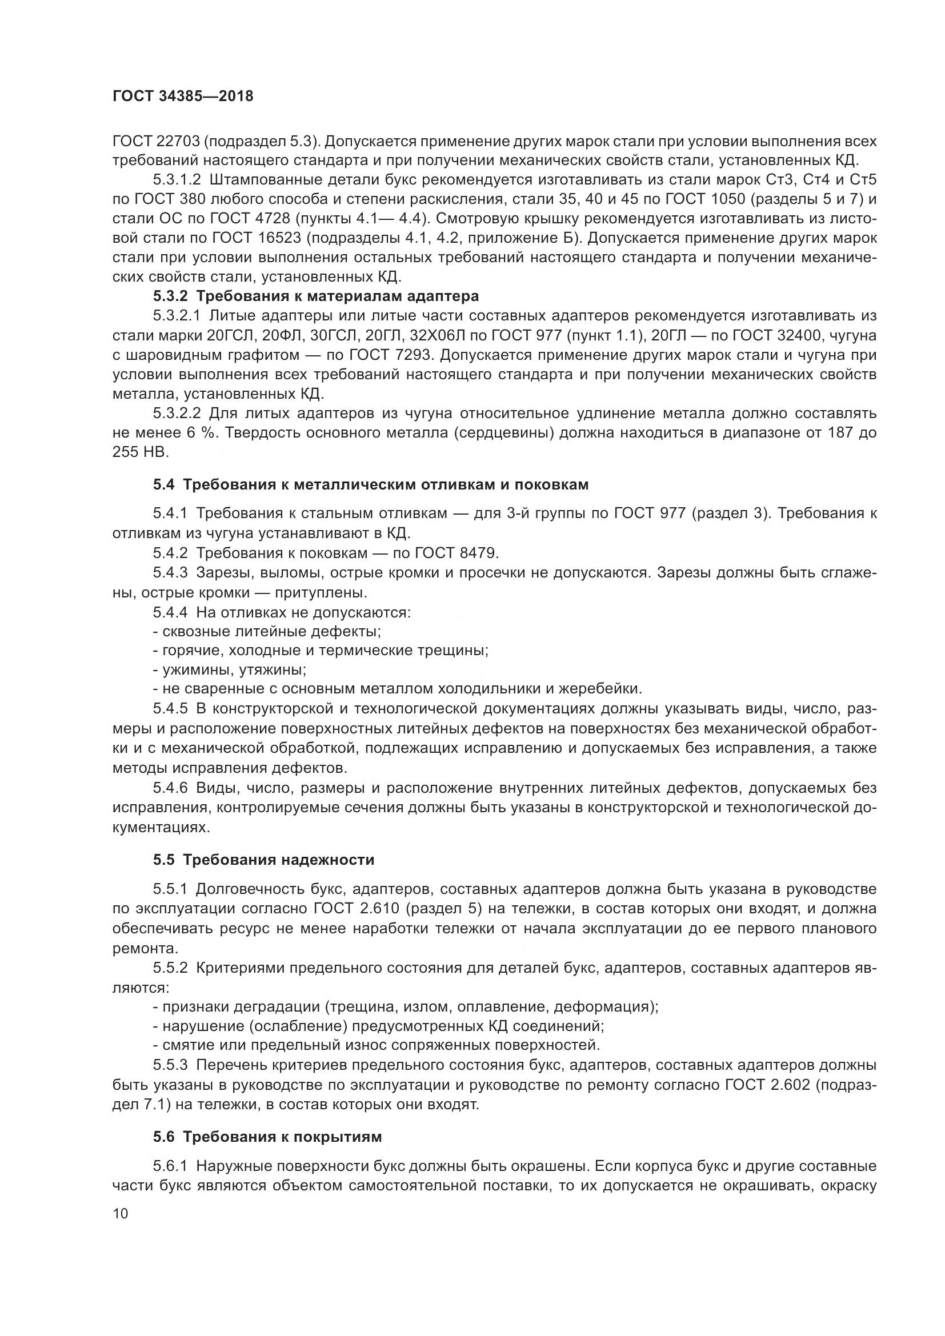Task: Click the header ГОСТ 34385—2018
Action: pyautogui.click(x=183, y=97)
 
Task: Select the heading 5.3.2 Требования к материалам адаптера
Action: pyautogui.click(x=316, y=296)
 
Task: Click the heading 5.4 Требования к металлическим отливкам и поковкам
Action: pyautogui.click(x=371, y=485)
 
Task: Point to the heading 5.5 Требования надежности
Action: pyautogui.click(x=263, y=860)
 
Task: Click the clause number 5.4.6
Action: pyautogui.click(x=170, y=788)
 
